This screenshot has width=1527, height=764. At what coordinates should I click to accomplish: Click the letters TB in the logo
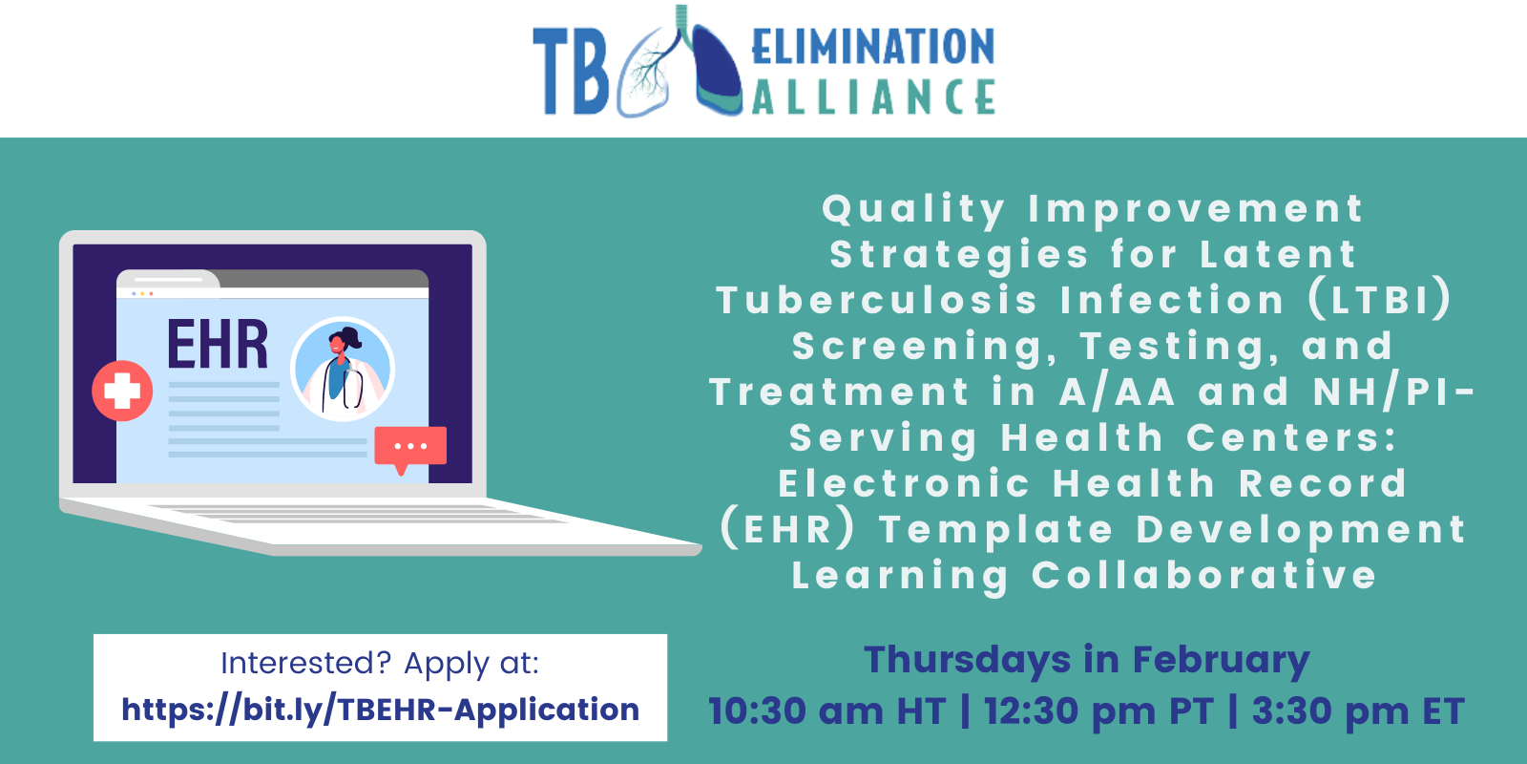coord(570,72)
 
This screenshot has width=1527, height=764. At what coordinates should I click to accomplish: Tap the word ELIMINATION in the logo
coord(872,47)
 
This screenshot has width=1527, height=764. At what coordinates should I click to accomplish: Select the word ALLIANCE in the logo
coord(872,96)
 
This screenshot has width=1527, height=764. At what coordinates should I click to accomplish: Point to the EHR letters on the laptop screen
coord(218,345)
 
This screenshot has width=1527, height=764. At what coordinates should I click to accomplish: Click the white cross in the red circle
coord(122,391)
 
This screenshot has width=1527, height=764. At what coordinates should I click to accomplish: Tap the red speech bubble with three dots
coord(410,446)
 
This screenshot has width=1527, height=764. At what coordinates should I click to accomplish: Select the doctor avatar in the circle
coord(343,370)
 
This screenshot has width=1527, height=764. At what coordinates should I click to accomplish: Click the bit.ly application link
coord(380,710)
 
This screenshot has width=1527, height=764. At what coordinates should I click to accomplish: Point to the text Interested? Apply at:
coord(380,663)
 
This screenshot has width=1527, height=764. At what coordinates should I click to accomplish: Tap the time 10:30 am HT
coord(826,711)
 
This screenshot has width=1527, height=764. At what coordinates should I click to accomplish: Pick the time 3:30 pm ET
coord(1357,711)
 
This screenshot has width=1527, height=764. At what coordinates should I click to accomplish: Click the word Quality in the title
coord(913,209)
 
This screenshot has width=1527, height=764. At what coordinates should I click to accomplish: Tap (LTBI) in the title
coord(1380,300)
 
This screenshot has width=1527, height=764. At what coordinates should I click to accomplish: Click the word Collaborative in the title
coord(1204,576)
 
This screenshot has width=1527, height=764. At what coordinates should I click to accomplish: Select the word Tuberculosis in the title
coord(876,300)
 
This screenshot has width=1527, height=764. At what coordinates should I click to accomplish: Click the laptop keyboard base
coord(382,523)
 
